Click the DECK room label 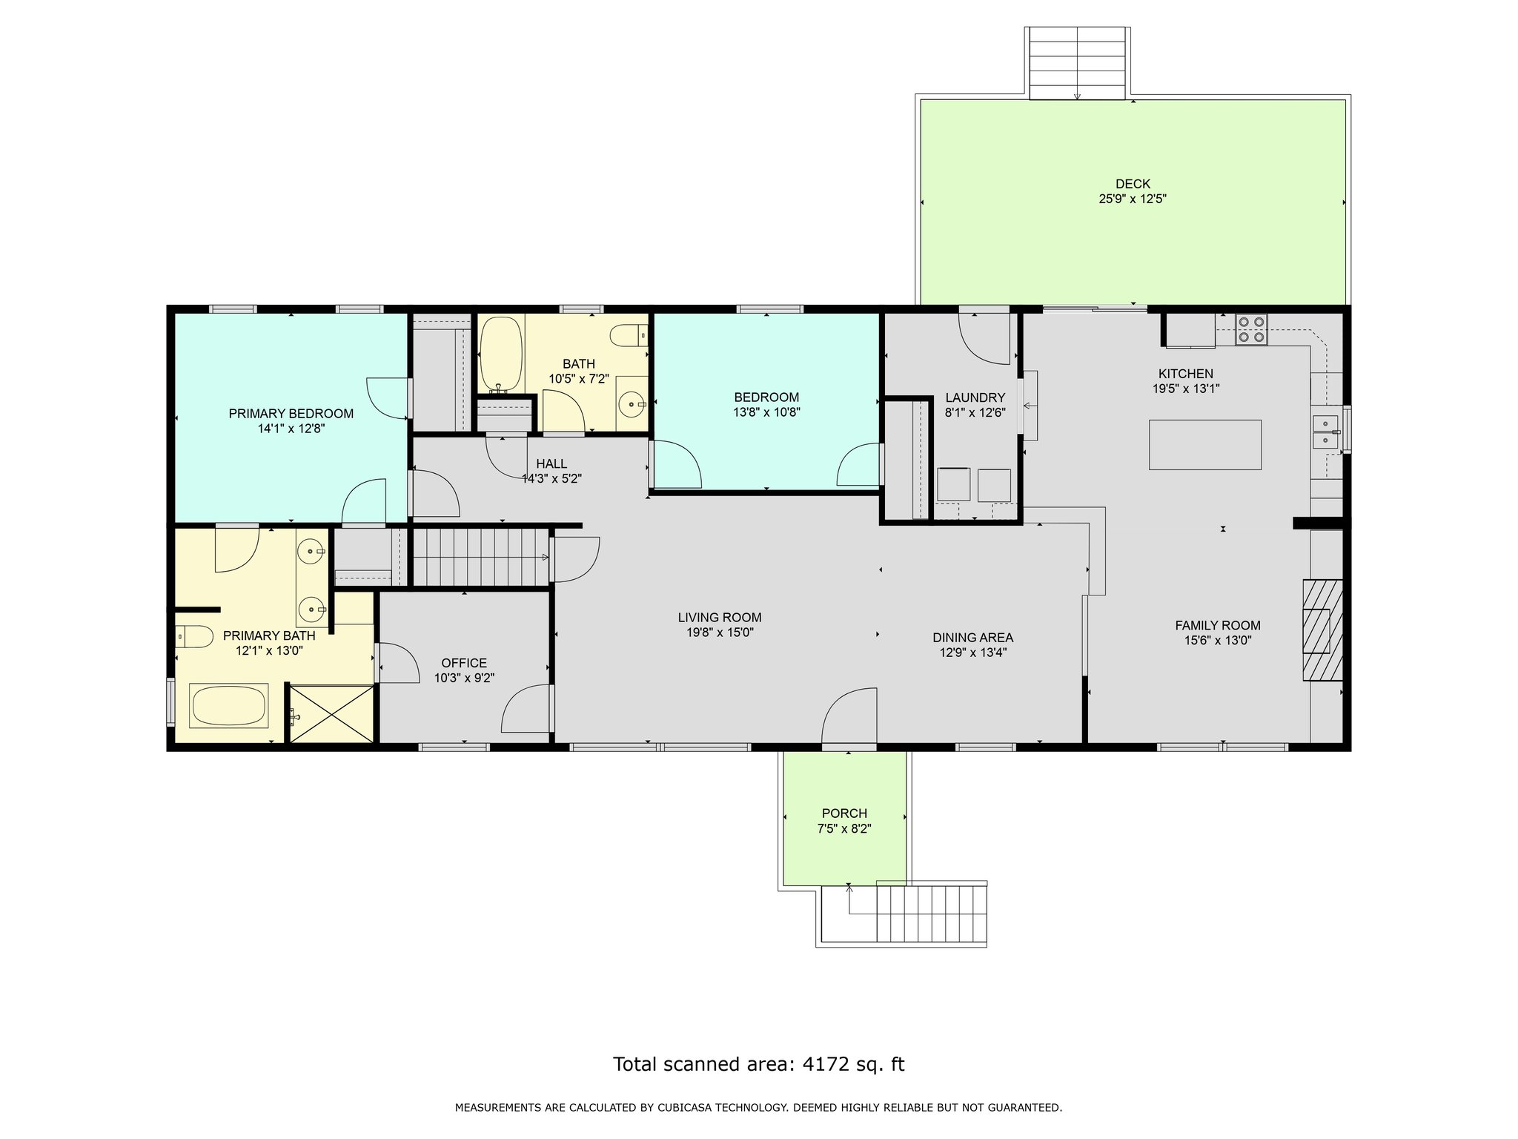click(1133, 184)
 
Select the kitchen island click(1205, 444)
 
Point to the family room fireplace click(1323, 630)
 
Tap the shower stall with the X click(331, 713)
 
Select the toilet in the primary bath click(193, 636)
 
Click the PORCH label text click(844, 813)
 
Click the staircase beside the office click(480, 557)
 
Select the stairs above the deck click(1078, 63)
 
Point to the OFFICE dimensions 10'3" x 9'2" click(464, 678)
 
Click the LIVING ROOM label click(720, 617)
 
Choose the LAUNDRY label click(975, 397)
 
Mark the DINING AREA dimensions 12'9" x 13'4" click(972, 653)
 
